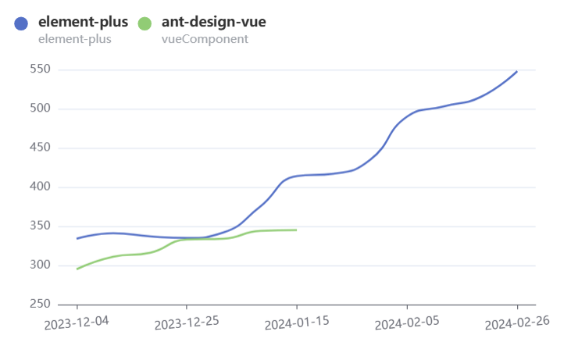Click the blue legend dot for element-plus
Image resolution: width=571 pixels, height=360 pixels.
22,24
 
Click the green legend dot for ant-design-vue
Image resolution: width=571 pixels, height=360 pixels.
145,24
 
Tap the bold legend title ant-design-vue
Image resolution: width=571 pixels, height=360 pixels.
213,22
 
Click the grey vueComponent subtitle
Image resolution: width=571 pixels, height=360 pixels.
205,38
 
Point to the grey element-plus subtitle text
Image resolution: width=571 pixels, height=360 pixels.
74,38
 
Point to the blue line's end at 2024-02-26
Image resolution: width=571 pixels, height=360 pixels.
517,71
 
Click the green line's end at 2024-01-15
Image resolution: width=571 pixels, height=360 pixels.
297,230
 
